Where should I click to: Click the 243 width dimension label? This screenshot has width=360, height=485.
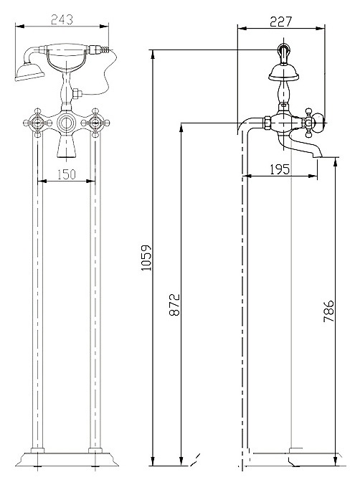(62, 19)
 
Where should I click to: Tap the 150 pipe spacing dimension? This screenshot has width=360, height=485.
(67, 174)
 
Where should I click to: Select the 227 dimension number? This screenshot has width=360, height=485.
(281, 22)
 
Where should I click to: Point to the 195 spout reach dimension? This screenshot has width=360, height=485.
(280, 169)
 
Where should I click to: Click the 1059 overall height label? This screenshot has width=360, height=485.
(146, 258)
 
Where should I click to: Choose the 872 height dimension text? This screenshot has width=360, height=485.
(174, 305)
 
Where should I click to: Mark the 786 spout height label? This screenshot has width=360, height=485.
(328, 311)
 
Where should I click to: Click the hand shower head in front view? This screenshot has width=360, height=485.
(29, 72)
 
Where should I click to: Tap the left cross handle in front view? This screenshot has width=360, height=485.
(38, 123)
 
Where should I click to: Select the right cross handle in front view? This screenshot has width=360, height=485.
(95, 123)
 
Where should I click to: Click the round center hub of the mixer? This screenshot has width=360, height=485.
(66, 123)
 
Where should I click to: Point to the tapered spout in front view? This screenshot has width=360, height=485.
(66, 146)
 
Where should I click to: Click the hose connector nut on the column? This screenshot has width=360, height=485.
(77, 93)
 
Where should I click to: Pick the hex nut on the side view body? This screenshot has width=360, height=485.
(267, 123)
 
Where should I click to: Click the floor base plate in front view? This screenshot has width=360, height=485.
(67, 458)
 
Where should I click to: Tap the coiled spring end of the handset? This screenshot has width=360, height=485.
(105, 50)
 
